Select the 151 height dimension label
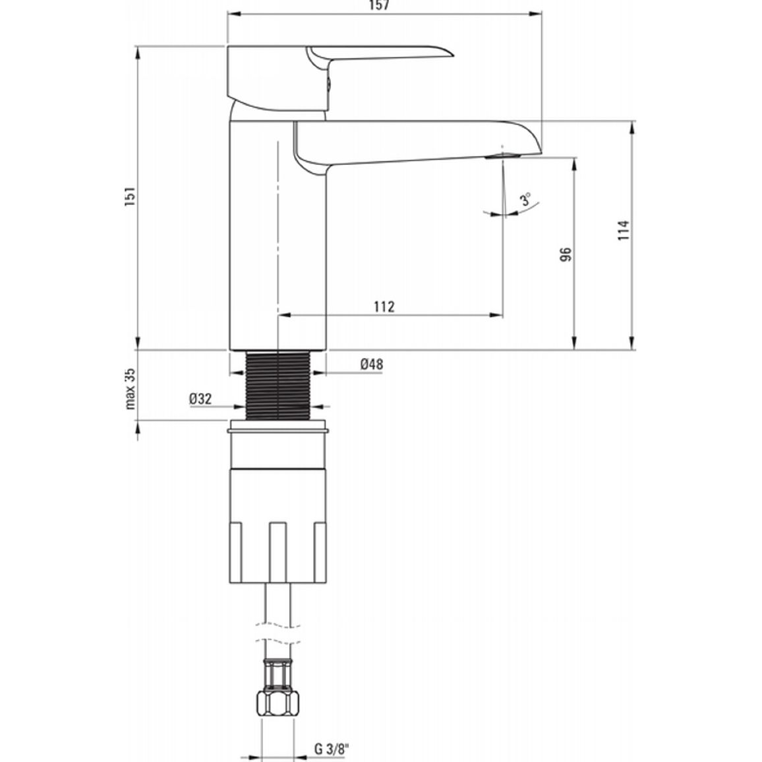point(131,196)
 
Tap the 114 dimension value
point(624,230)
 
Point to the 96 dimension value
point(566,254)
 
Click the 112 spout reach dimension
point(384,307)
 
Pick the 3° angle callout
point(526,199)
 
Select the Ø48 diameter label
point(372,364)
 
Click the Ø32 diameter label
point(200,399)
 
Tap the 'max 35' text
point(131,389)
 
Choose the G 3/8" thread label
point(332,749)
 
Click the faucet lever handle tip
point(450,53)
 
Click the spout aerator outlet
point(503,156)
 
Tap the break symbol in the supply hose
point(278,632)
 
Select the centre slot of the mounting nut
point(278,552)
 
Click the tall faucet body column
point(278,235)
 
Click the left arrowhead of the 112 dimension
point(284,315)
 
